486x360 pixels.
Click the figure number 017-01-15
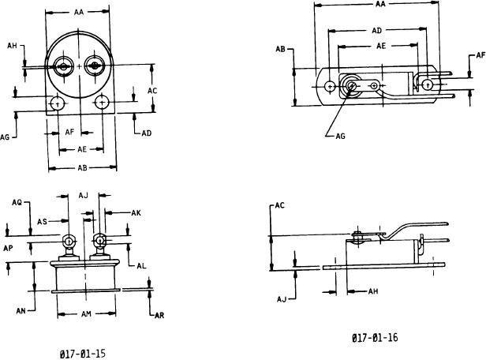coord(82,354)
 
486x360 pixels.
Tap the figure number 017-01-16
coord(375,337)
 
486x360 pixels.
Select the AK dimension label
coord(136,213)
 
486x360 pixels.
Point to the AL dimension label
coord(141,266)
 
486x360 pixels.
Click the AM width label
coord(86,314)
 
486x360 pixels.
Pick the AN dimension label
coord(21,311)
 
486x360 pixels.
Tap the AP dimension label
coord(8,248)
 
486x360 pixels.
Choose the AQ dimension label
coord(17,202)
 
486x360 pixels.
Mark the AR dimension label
coord(159,316)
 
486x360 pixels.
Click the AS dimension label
coord(42,222)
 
